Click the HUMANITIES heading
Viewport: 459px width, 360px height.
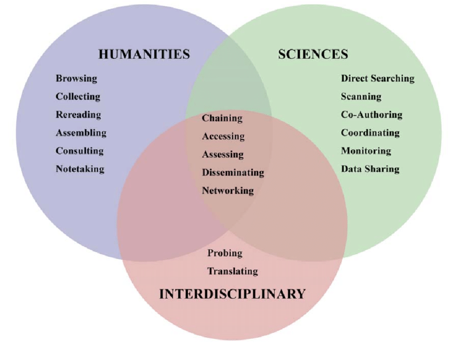pos(144,54)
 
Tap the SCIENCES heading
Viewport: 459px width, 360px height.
pos(313,54)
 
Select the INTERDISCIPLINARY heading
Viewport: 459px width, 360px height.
pos(232,294)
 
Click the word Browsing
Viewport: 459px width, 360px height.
pos(76,78)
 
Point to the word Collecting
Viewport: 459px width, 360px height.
pos(78,97)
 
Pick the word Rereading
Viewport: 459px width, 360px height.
pos(78,115)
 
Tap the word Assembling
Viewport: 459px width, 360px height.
pos(81,132)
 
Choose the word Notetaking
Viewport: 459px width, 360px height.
pos(80,169)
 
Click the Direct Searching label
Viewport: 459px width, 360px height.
pos(377,78)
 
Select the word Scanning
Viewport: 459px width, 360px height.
pos(361,97)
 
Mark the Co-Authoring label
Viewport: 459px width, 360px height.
pos(372,115)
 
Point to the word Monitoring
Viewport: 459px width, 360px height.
pos(366,151)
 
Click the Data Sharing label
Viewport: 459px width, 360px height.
pos(370,169)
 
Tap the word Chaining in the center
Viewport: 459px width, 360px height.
pos(222,118)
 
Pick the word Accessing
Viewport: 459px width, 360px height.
pos(223,137)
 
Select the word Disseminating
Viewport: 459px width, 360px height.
pos(233,172)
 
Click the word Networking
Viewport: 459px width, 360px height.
pos(228,191)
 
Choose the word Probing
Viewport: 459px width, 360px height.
pos(225,253)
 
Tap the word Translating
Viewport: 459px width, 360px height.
pos(233,271)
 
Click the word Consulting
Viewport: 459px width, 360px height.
pos(79,151)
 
